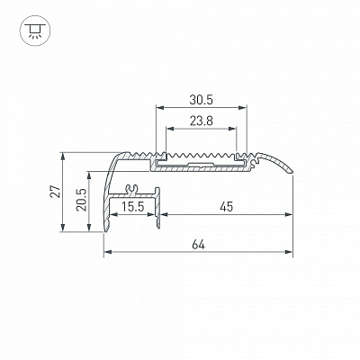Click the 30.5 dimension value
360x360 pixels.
(201, 100)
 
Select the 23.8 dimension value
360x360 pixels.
(201, 121)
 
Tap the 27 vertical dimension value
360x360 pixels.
(56, 192)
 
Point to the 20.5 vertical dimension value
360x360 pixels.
(81, 200)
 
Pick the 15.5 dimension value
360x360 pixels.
(133, 207)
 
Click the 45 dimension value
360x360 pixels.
(227, 207)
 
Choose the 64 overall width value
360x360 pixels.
(198, 245)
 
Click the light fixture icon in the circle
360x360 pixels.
(35, 31)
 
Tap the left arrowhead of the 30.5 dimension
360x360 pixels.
(160, 107)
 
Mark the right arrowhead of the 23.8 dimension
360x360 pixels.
(232, 129)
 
